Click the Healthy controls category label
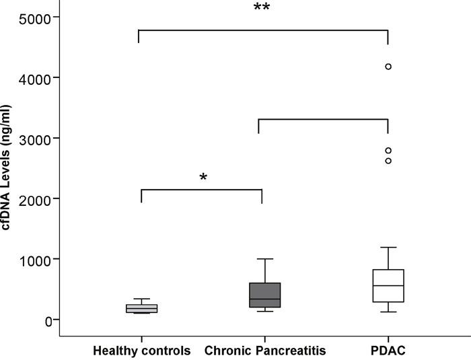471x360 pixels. pos(141,351)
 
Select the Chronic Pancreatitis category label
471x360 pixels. pos(265,351)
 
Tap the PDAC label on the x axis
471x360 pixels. pos(388,351)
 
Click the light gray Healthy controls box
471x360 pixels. pos(141,309)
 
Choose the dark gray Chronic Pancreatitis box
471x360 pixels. pos(265,295)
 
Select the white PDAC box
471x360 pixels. pos(388,286)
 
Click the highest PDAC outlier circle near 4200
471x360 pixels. pos(388,67)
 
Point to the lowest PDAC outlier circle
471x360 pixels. pos(388,161)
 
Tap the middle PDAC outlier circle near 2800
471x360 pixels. pos(388,151)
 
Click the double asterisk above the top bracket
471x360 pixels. pos(262,8)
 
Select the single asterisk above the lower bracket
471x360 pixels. pos(203,178)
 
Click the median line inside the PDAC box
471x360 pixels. pos(388,285)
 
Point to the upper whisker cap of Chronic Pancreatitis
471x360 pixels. pos(265,259)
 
